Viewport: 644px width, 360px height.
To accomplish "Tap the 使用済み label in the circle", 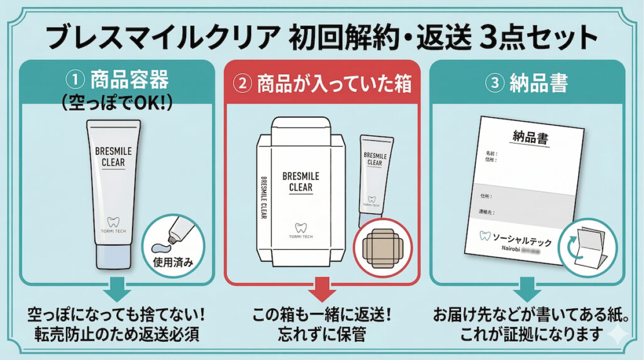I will tap(170, 259).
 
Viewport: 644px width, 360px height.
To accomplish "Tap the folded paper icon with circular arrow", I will tap(585, 248).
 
